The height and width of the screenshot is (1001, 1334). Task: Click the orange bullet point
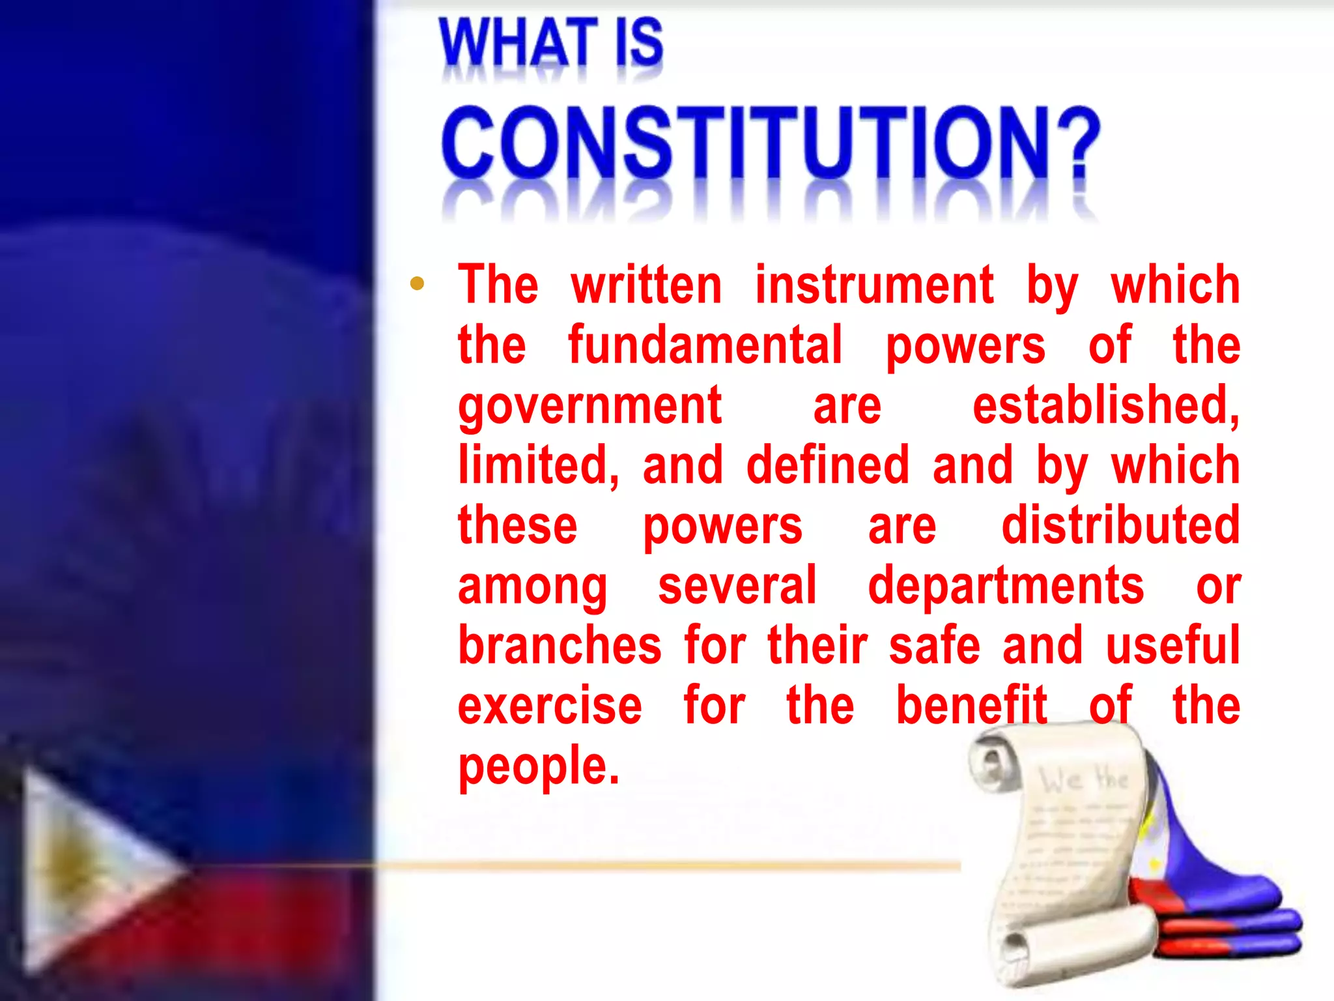coord(418,283)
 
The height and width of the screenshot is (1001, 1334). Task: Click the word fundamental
coord(705,345)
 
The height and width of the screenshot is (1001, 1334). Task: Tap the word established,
coord(1106,405)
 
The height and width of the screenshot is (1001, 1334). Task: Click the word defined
coord(827,465)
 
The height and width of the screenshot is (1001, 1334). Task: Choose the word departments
coord(1006,586)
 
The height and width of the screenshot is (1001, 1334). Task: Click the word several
coord(737,586)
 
